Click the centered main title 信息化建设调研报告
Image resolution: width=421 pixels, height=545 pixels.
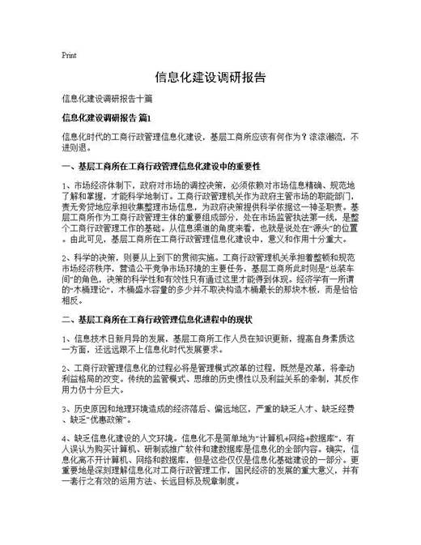[210, 79]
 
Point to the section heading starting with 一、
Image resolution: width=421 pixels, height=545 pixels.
[170, 168]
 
